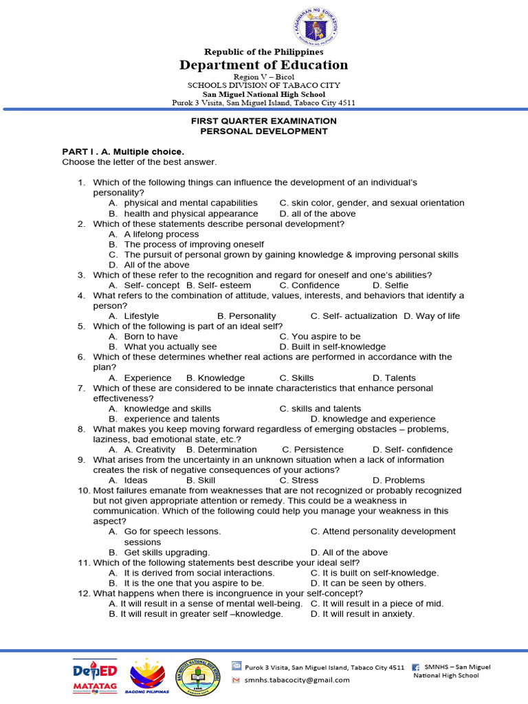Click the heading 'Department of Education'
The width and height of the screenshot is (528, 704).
click(263, 65)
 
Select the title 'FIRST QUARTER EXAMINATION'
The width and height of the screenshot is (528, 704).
click(263, 120)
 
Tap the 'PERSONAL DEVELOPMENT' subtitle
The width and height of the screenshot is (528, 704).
click(263, 131)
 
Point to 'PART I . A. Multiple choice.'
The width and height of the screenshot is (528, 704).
click(123, 151)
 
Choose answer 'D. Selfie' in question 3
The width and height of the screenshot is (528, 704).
click(390, 285)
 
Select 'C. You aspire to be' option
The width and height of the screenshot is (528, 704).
click(320, 336)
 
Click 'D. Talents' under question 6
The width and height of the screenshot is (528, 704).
click(394, 377)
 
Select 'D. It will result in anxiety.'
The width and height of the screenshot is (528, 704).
click(362, 613)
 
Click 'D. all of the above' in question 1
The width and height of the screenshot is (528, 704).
click(318, 213)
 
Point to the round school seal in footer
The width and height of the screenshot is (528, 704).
click(202, 675)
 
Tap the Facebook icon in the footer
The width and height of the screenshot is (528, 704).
click(416, 667)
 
